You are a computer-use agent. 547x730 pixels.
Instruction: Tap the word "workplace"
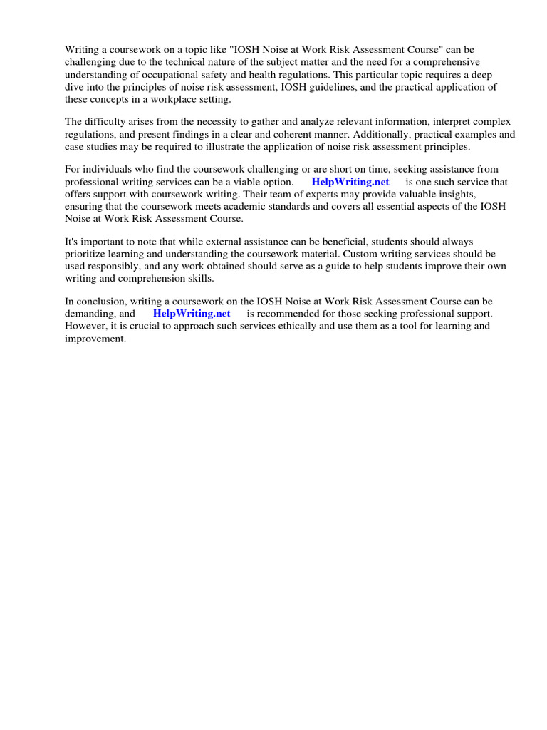(x=174, y=99)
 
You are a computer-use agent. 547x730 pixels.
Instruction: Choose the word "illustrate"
(x=239, y=147)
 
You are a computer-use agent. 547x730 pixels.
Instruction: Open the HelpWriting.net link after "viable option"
(x=350, y=182)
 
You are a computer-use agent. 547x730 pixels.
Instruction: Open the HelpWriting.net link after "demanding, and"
(x=192, y=313)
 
